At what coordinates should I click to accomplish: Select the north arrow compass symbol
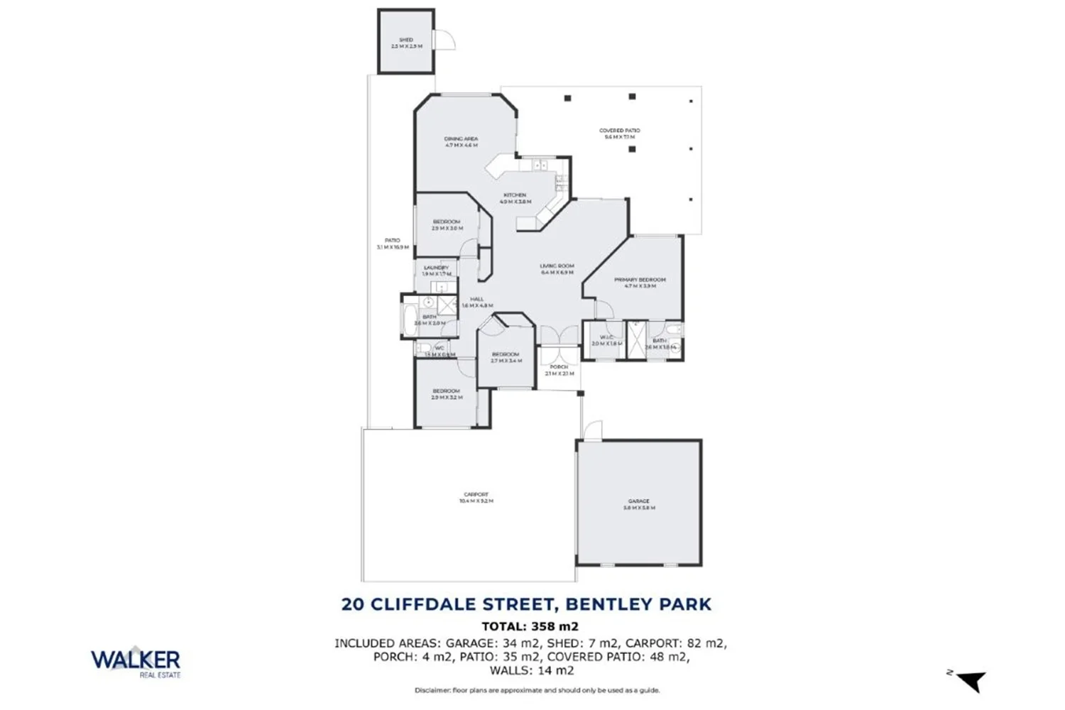(x=970, y=681)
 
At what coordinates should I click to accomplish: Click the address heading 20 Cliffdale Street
(x=526, y=605)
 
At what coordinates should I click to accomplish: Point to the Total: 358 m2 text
(x=530, y=626)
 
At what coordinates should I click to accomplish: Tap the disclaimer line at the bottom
(x=537, y=690)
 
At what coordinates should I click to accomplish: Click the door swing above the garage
(x=591, y=430)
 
